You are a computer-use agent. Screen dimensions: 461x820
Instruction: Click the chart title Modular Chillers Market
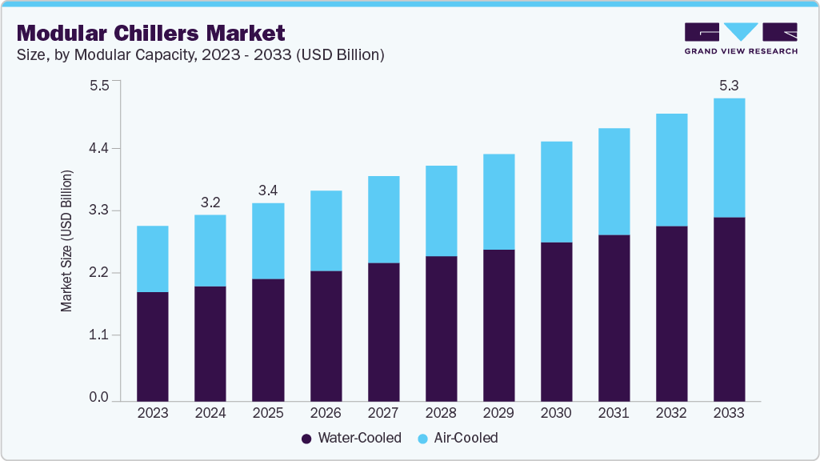150,34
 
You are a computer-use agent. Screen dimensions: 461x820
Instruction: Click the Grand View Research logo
741,38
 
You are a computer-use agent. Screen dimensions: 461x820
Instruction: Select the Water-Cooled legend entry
351,438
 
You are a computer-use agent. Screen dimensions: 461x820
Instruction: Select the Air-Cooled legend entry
457,438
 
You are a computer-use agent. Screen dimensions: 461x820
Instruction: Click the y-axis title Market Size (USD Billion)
67,241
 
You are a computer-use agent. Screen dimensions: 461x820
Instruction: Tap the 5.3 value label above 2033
728,85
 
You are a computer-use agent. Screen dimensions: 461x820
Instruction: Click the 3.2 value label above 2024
210,202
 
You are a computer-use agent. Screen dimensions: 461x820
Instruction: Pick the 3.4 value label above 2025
268,190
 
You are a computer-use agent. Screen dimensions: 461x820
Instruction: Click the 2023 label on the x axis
153,414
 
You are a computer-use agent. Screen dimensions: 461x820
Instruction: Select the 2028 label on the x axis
441,414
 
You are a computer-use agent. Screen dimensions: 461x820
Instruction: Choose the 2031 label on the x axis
614,414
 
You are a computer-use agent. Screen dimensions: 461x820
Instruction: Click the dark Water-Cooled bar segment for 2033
729,309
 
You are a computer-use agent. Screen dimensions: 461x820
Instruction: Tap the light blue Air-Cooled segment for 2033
729,158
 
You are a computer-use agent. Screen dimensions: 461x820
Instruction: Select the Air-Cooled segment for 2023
153,259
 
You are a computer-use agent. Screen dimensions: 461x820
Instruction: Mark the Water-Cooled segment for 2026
326,336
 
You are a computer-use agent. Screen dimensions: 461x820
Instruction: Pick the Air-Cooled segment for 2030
556,192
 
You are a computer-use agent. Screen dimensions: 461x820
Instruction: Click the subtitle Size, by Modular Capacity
201,55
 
